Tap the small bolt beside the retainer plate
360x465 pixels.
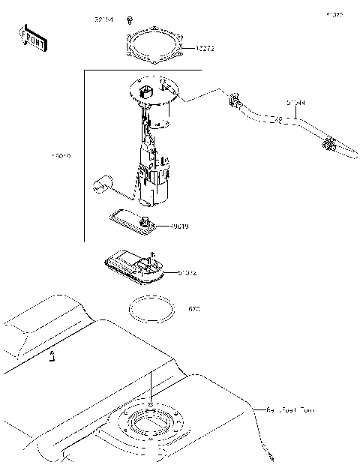(x=130, y=19)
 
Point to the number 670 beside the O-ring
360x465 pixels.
(x=194, y=308)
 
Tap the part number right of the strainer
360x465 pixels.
(x=187, y=273)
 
